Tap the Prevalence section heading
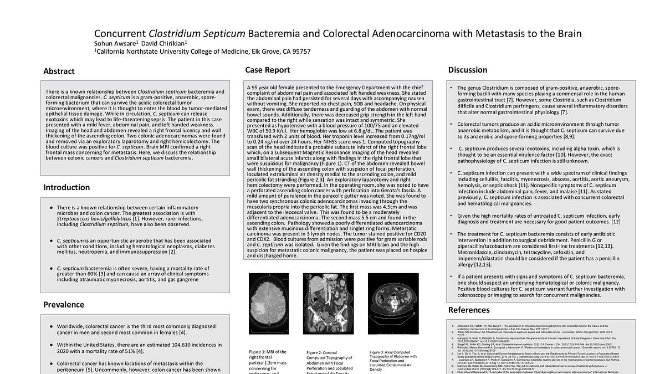(64, 304)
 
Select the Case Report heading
(268, 70)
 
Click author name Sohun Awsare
(115, 43)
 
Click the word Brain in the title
(567, 33)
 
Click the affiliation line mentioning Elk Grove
(202, 52)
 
